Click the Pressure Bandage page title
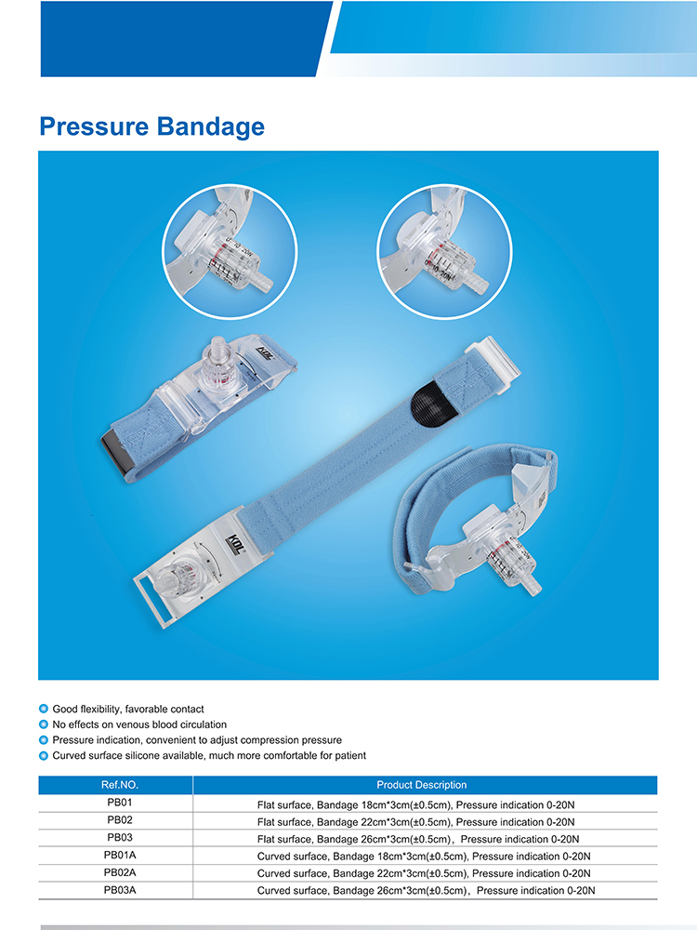(x=151, y=126)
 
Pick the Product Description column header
(x=422, y=785)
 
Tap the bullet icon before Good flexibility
(x=44, y=710)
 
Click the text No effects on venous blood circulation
(x=139, y=724)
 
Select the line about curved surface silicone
(x=209, y=755)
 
